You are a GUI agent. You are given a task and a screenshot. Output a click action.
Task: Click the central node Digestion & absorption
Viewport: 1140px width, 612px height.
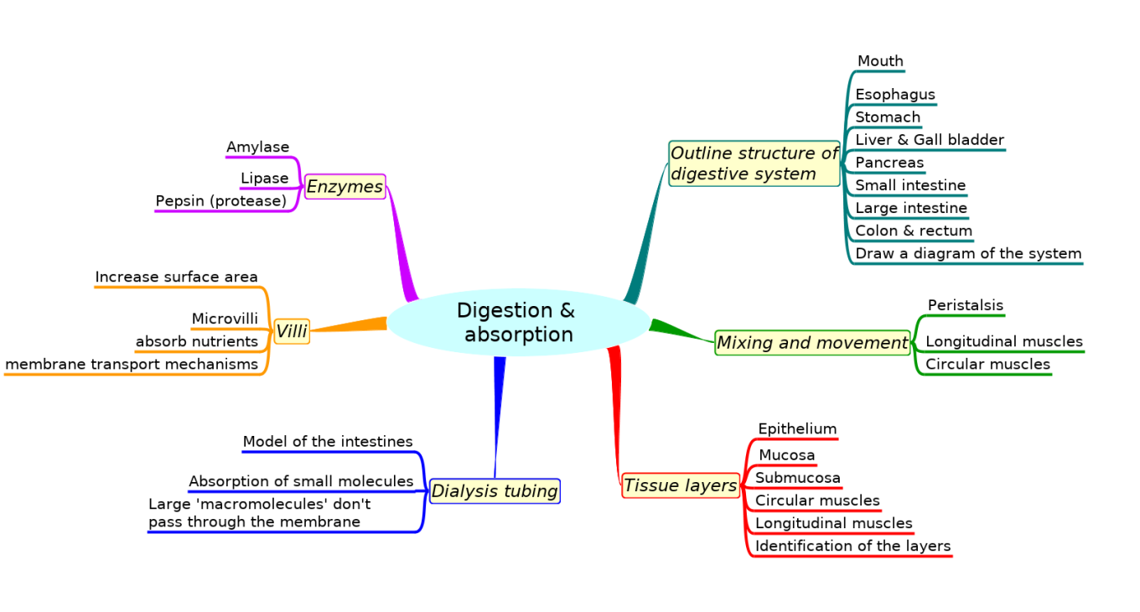coord(518,323)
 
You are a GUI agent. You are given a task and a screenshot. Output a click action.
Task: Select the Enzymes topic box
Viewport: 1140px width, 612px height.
coord(345,186)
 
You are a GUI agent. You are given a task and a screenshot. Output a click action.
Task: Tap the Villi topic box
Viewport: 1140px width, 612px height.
coord(292,332)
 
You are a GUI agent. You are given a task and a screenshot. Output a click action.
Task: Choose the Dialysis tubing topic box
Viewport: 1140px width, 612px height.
coord(495,491)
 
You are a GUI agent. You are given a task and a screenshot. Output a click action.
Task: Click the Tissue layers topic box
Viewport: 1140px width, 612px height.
coord(680,485)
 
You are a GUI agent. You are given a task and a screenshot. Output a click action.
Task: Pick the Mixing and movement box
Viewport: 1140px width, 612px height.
coord(811,342)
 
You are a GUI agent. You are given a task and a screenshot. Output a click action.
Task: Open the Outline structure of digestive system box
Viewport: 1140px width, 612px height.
coord(754,163)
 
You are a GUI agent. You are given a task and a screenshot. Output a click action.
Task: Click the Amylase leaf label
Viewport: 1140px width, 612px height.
coord(257,148)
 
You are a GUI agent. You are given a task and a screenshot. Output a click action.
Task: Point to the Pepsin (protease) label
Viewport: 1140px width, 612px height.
coord(221,201)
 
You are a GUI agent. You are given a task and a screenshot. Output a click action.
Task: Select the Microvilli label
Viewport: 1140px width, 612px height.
coord(225,319)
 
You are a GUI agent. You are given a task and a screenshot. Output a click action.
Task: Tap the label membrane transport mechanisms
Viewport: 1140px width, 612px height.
coord(132,364)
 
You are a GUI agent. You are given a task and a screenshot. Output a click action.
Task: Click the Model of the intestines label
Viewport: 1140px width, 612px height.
coord(328,441)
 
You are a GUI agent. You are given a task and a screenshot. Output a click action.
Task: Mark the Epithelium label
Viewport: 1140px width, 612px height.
coord(797,429)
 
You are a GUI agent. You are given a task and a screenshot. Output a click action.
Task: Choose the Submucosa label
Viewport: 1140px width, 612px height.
coord(797,478)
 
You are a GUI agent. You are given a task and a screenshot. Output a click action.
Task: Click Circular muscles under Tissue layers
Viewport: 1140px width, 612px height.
coord(817,500)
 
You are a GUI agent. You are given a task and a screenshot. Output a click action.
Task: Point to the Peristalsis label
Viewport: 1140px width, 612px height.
coord(965,305)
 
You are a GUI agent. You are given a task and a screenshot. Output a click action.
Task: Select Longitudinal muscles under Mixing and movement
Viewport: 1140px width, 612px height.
coord(1003,341)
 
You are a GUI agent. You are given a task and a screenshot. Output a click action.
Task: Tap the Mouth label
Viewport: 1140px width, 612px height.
coord(880,61)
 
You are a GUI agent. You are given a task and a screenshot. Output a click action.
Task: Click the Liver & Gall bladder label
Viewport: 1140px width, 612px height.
coord(929,140)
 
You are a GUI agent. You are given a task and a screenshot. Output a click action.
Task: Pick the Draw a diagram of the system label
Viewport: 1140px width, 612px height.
coord(968,253)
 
